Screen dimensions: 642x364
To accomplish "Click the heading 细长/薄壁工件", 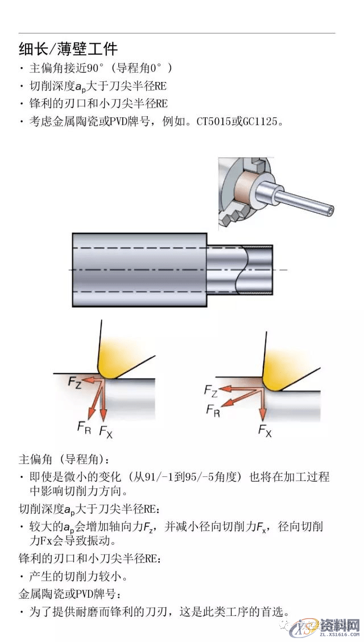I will point(68,48).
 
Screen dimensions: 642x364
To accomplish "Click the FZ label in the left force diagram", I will point(75,382).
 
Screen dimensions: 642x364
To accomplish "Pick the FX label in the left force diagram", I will point(106,431).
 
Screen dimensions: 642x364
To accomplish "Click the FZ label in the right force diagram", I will point(211,390).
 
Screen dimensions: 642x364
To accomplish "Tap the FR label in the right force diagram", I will point(213,410).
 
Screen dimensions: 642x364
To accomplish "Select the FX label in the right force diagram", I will point(264,430).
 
